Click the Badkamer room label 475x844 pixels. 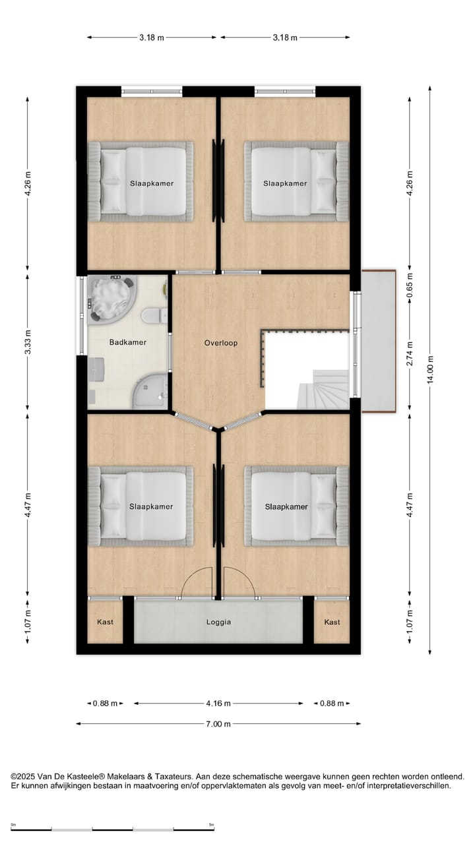coord(128,342)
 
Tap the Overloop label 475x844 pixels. coord(220,343)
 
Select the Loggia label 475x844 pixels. coord(218,622)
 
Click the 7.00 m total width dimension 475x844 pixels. coord(218,724)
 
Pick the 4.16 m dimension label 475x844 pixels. coord(218,704)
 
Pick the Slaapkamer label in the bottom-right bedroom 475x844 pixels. coord(286,507)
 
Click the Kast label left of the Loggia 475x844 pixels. coord(106,622)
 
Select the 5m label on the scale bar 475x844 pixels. coord(211,824)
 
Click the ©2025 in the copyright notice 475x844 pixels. coord(23,777)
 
